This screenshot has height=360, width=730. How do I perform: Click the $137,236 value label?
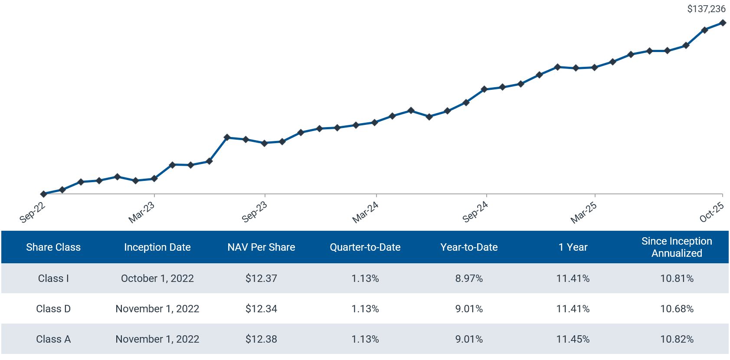click(x=706, y=9)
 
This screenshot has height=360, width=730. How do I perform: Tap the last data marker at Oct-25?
click(x=723, y=23)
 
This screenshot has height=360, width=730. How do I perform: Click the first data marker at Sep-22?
click(x=43, y=194)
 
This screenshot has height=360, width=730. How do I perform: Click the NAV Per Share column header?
click(x=261, y=247)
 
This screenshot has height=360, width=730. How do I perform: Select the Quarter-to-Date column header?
click(x=365, y=247)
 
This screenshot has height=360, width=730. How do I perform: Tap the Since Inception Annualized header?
click(x=677, y=247)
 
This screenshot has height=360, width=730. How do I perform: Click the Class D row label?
click(x=53, y=309)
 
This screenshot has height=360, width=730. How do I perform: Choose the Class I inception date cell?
click(x=157, y=278)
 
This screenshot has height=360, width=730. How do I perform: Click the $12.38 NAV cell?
click(x=261, y=339)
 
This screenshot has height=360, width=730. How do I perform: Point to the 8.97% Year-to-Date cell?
click(x=469, y=278)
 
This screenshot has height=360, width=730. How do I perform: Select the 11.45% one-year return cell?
click(x=573, y=339)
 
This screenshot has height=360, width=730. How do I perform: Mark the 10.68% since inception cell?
click(x=677, y=309)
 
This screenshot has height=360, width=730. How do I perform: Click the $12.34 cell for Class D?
click(x=261, y=309)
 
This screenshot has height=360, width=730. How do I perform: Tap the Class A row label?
click(x=53, y=339)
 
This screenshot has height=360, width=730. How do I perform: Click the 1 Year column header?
click(x=573, y=247)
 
